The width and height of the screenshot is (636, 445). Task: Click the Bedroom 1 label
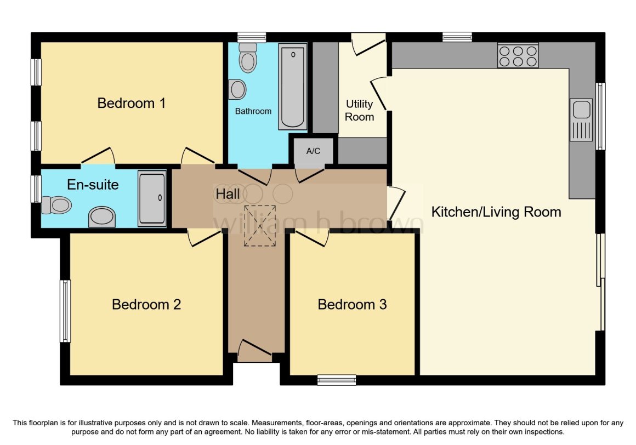tap(132, 103)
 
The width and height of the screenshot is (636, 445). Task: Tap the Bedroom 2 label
tap(146, 304)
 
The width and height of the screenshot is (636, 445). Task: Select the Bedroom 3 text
tap(352, 304)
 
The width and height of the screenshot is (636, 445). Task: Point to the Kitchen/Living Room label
tap(496, 212)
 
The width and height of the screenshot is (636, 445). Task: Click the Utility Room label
tap(359, 110)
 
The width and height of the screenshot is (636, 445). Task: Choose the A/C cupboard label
tap(313, 151)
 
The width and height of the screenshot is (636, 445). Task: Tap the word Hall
tap(228, 193)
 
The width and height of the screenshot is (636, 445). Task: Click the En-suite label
tap(93, 184)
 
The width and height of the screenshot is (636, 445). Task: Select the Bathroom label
tap(253, 111)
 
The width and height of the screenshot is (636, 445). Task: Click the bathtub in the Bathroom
tap(292, 87)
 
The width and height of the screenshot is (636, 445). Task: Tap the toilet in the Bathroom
tap(248, 58)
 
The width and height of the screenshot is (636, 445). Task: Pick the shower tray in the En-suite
tap(152, 198)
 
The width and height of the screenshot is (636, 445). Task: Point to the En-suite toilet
tap(56, 204)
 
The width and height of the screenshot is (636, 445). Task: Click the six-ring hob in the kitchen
tap(518, 55)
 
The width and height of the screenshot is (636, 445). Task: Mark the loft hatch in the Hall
tap(260, 226)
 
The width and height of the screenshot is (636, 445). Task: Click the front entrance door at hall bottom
tap(254, 351)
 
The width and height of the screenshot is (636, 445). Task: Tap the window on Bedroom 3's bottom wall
tap(337, 380)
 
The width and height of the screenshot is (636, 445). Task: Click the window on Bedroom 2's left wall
tap(65, 311)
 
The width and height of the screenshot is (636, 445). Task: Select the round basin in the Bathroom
tap(237, 89)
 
